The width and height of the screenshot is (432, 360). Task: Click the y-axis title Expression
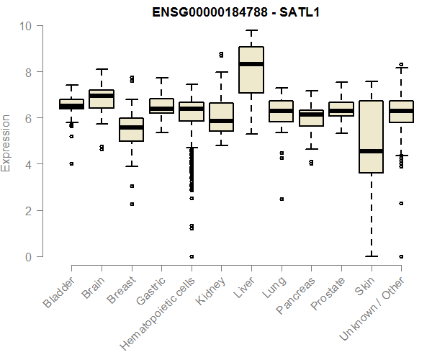tap(6, 142)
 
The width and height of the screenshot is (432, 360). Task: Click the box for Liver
tap(251, 69)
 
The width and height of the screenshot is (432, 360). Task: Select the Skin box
tap(371, 137)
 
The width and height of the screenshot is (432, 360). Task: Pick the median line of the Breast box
tap(131, 127)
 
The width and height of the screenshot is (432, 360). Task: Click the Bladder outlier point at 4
tap(71, 163)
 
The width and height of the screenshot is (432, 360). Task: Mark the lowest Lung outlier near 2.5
tap(281, 199)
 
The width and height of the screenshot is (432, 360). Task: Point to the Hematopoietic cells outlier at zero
tap(191, 256)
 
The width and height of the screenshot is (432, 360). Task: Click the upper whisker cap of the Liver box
tap(251, 30)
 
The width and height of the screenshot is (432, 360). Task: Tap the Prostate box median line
tap(341, 110)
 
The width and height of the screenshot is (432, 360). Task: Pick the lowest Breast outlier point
tap(131, 204)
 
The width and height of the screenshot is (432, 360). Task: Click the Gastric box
tap(161, 105)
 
